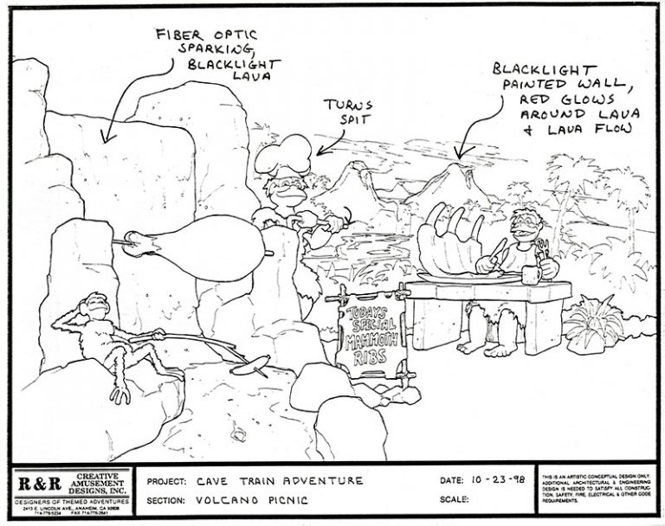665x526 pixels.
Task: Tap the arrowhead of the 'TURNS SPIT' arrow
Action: [320, 152]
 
